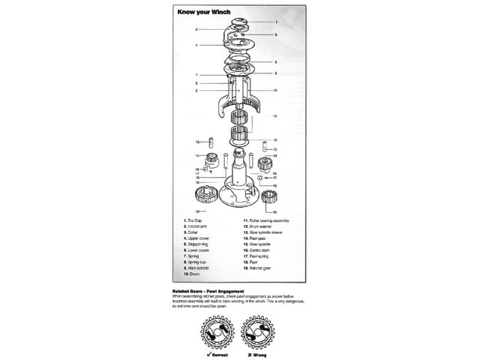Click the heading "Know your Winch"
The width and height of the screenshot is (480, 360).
(x=202, y=11)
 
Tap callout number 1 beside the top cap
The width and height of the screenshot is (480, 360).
(x=276, y=22)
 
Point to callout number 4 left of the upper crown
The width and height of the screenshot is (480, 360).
(x=196, y=45)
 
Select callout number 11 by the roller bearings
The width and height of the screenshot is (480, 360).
(x=275, y=116)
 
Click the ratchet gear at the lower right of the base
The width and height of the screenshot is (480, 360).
(x=268, y=198)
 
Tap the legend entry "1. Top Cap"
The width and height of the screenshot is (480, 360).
(x=194, y=220)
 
